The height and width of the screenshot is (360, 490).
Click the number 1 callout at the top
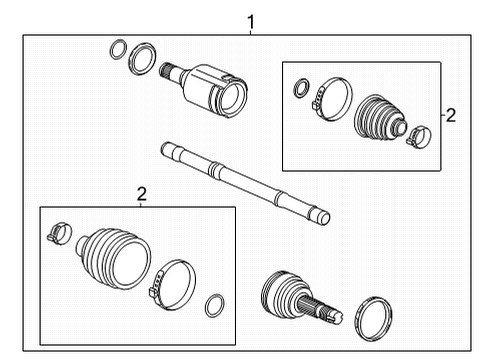coord(251,20)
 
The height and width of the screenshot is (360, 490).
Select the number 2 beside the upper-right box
coord(450,115)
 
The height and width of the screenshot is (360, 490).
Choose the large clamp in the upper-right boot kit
coord(331,100)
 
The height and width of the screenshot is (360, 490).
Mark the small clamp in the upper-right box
coord(419,134)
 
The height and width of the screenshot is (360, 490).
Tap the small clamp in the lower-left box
coord(57,235)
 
